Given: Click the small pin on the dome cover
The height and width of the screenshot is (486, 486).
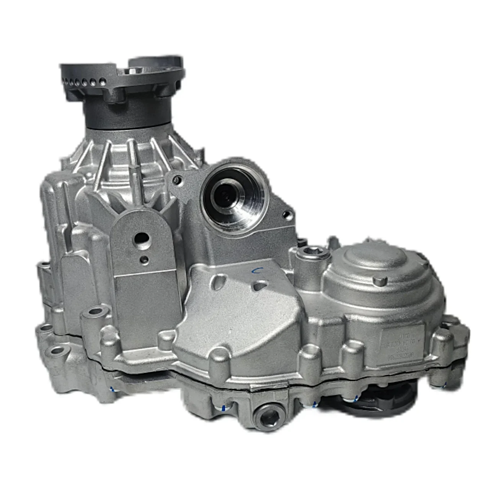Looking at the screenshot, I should [x=378, y=282].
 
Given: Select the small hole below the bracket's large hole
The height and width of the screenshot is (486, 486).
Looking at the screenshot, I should [x=144, y=260].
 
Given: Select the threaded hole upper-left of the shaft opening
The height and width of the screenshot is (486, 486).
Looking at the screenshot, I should [x=176, y=179].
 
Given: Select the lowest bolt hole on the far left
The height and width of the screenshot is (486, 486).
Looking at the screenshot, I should [x=57, y=350].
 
